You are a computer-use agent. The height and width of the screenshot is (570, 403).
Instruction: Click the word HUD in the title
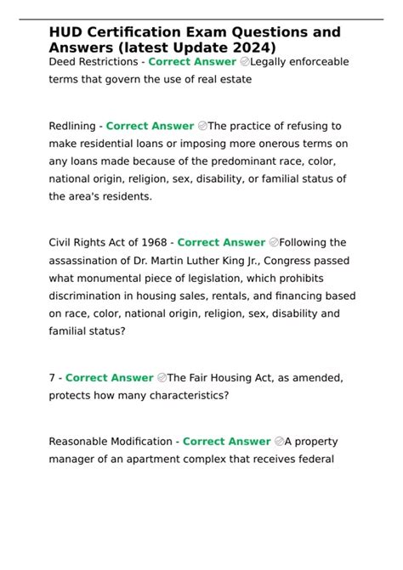click(66, 31)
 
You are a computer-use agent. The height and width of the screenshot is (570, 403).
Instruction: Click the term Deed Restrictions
click(94, 62)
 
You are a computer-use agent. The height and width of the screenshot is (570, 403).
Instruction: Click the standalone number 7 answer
click(52, 378)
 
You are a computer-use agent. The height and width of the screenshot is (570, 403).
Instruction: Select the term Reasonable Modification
click(111, 442)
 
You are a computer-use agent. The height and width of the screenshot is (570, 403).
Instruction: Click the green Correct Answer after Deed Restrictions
click(192, 62)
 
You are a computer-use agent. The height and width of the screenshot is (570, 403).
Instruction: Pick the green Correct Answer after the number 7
click(110, 378)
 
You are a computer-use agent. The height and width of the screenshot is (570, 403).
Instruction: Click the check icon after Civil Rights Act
click(273, 243)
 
